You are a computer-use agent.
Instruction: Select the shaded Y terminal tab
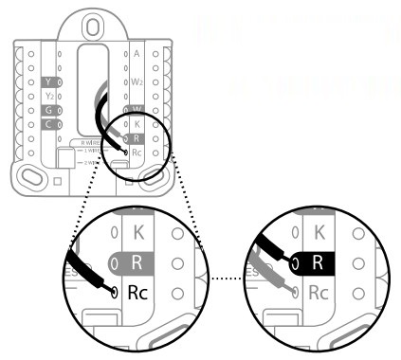49,82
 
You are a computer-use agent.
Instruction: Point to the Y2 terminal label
49,96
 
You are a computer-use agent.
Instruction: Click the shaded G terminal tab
49,110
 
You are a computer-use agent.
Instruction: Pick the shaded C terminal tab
49,124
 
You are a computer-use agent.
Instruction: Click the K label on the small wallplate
137,124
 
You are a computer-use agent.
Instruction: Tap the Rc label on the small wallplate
138,152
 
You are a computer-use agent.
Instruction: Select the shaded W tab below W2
137,110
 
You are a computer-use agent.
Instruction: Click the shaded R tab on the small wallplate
137,138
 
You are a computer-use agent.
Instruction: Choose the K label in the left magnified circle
137,230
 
